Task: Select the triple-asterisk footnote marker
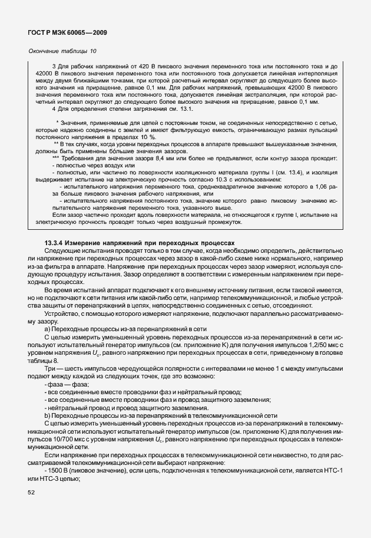click(x=55, y=158)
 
